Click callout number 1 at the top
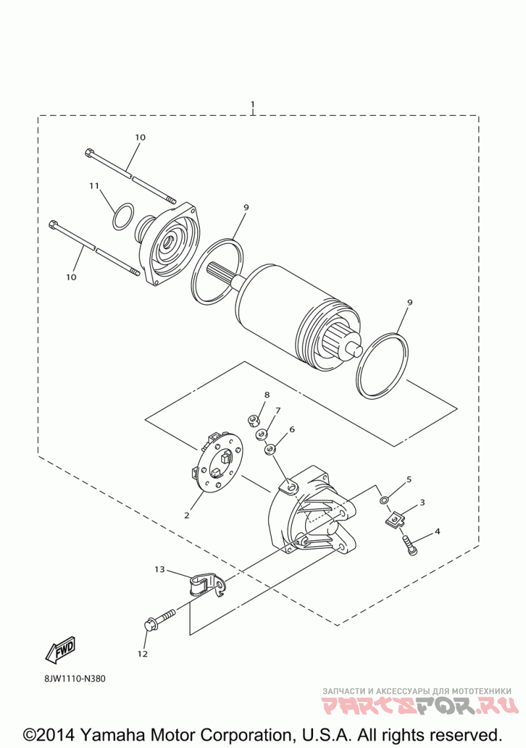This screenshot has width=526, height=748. point(252,105)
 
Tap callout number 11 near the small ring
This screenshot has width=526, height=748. point(94,186)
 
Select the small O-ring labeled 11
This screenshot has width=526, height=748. point(123,217)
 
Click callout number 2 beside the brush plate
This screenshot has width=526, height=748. point(187,515)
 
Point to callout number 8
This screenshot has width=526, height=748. point(267,394)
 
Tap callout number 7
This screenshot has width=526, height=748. point(278,410)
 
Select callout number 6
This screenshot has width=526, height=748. point(291,429)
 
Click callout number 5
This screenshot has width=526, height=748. point(408,479)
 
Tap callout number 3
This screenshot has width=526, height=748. point(422,502)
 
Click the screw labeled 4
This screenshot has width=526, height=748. point(410,544)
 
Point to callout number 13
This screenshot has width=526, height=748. point(160,569)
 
